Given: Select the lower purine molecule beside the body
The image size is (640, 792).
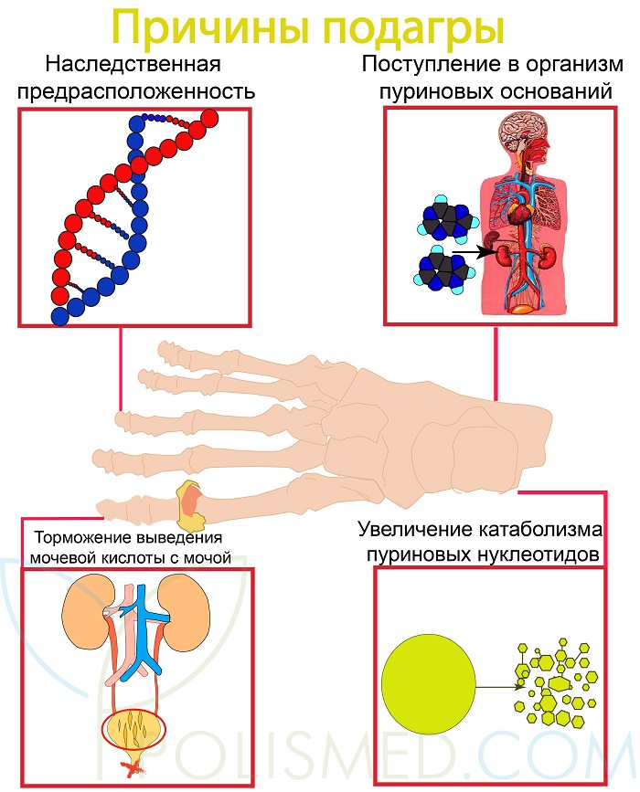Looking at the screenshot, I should [x=443, y=270].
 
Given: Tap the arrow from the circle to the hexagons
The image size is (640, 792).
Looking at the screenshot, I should [x=497, y=688].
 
